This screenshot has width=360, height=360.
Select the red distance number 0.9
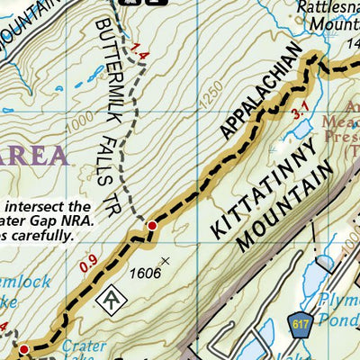tap(87, 264)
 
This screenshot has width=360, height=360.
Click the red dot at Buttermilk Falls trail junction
tap(152, 225)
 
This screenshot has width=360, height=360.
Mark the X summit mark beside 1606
tap(165, 261)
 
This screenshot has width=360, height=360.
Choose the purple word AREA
tap(35, 156)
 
